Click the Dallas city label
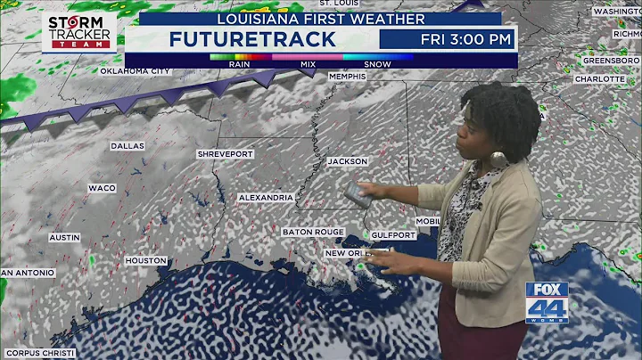[128, 145]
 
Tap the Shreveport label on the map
[226, 154]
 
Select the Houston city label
[145, 260]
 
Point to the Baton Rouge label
[313, 232]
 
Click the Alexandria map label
[266, 197]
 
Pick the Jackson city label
[347, 161]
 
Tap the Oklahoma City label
[134, 70]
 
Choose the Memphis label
[347, 77]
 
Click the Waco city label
[102, 188]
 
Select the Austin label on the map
[64, 238]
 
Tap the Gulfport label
[394, 235]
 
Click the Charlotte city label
[599, 78]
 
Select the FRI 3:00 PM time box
[446, 38]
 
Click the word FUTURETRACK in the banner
[253, 38]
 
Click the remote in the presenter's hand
[357, 193]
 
